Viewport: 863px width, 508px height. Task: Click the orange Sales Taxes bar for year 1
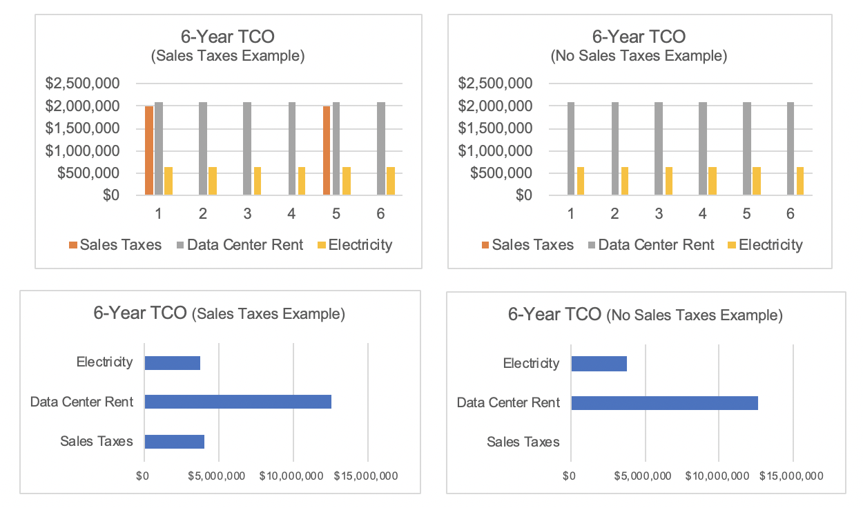click(x=148, y=150)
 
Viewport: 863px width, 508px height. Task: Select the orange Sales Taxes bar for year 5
click(x=326, y=150)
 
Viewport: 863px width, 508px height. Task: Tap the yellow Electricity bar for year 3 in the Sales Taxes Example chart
click(x=257, y=181)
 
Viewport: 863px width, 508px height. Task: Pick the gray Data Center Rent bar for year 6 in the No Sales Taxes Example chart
click(x=791, y=148)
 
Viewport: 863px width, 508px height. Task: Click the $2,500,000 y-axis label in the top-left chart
click(x=83, y=84)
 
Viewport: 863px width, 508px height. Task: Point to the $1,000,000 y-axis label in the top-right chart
click(x=495, y=150)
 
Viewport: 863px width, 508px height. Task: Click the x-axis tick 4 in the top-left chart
click(x=291, y=214)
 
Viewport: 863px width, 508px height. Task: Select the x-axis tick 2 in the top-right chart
click(x=614, y=214)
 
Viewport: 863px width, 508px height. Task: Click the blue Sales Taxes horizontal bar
click(x=174, y=442)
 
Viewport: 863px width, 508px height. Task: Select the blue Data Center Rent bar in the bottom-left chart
click(x=237, y=402)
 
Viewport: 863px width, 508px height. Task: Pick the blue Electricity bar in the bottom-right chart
click(x=599, y=363)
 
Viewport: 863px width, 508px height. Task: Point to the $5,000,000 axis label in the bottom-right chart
click(x=643, y=476)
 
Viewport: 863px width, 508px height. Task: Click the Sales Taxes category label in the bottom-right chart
click(x=523, y=442)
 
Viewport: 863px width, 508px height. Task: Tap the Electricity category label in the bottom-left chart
click(x=104, y=362)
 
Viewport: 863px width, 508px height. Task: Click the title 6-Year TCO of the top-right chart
click(x=639, y=36)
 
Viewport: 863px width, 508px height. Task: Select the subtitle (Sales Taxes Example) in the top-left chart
click(x=227, y=56)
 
